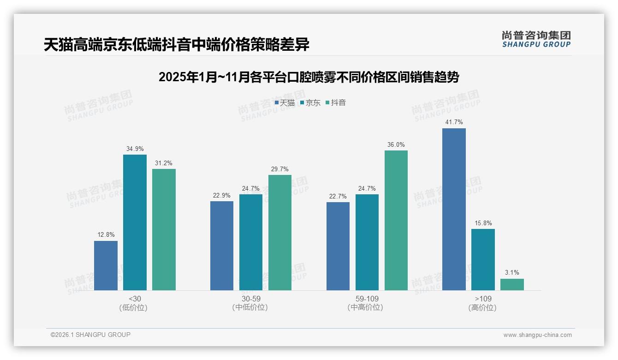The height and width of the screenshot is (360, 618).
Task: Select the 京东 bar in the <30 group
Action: pyautogui.click(x=135, y=222)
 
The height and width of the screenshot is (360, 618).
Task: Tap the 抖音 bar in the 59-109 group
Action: pyautogui.click(x=396, y=220)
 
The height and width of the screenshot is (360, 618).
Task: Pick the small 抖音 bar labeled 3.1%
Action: pyautogui.click(x=512, y=284)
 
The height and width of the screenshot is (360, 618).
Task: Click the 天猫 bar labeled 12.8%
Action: pyautogui.click(x=106, y=265)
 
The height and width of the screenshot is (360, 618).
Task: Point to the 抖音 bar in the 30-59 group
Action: pyautogui.click(x=280, y=233)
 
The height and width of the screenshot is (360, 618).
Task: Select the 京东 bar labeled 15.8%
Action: pyautogui.click(x=483, y=259)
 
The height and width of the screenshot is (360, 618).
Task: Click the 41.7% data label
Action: pyautogui.click(x=454, y=122)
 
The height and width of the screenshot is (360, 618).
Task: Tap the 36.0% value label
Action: pyautogui.click(x=396, y=144)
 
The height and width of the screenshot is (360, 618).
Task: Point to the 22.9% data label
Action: pyautogui.click(x=222, y=195)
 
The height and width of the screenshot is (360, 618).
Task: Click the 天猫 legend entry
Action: pyautogui.click(x=285, y=103)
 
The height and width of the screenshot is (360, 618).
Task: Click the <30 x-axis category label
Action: pyautogui.click(x=135, y=299)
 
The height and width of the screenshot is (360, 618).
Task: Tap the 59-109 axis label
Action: pyautogui.click(x=367, y=299)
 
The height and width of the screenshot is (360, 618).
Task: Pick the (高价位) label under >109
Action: pyautogui.click(x=482, y=307)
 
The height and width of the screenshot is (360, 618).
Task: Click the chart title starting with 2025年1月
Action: pyautogui.click(x=309, y=77)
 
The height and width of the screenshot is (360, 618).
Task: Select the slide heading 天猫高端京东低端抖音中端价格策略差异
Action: pyautogui.click(x=177, y=45)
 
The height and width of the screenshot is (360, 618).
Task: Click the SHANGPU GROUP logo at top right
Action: pyautogui.click(x=536, y=39)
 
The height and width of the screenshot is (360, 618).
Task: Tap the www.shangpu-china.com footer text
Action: pyautogui.click(x=537, y=335)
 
